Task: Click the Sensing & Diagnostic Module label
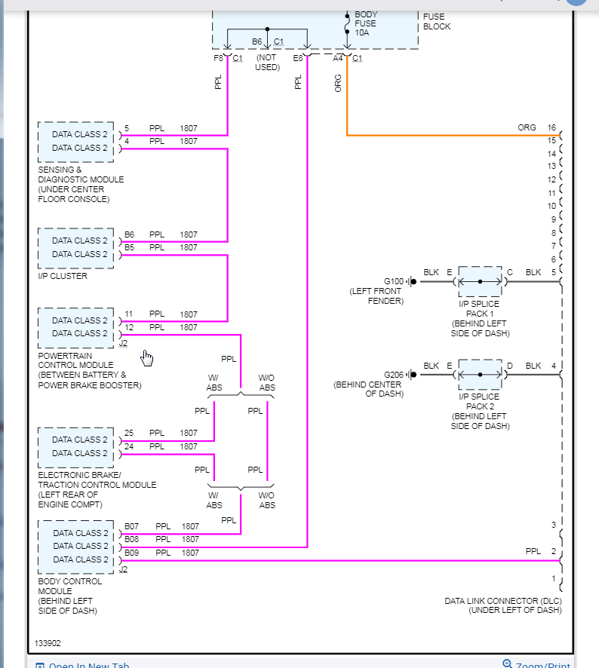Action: coord(81,185)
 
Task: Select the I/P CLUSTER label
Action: coord(63,276)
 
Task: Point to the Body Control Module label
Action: coord(67,596)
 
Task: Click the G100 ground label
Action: coord(394,281)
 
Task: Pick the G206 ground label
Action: coord(394,375)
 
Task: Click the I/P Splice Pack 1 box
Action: coord(480,281)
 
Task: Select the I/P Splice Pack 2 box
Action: coord(480,375)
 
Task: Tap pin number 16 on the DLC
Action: coord(551,127)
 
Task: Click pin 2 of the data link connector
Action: coord(553,551)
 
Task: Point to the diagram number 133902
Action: coord(48,644)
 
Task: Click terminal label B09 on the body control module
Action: coord(132,553)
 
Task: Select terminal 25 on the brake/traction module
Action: coord(129,433)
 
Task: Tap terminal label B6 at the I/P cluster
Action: coord(130,234)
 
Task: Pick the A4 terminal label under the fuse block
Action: coord(338,58)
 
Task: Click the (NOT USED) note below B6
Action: coord(267,63)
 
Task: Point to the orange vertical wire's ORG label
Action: coord(338,83)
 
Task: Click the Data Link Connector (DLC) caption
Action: coord(503,605)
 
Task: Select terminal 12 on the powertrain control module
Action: coord(129,327)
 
